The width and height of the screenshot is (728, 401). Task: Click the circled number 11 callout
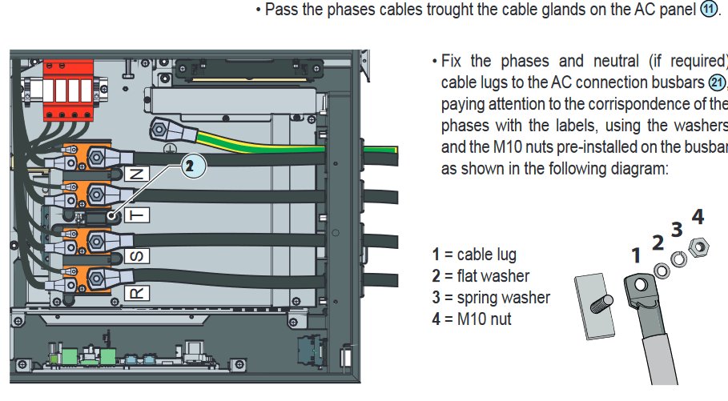[710, 10]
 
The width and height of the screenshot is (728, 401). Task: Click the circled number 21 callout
[718, 82]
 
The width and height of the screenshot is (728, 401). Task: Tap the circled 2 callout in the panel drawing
[189, 166]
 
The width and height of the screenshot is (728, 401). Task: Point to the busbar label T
[137, 215]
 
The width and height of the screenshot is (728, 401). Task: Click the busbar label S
[137, 256]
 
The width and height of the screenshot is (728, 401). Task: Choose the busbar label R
[137, 294]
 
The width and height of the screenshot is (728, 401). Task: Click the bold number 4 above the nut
[698, 216]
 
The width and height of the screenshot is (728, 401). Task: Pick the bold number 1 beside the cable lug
[636, 255]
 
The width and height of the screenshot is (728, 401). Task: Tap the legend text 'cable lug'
[487, 255]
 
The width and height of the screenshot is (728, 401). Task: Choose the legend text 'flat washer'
[493, 276]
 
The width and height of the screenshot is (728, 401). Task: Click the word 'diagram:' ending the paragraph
[640, 170]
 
